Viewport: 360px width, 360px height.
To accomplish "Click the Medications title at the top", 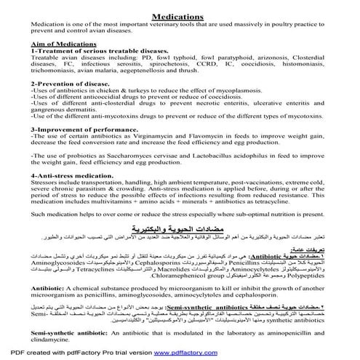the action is pos(180,16).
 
